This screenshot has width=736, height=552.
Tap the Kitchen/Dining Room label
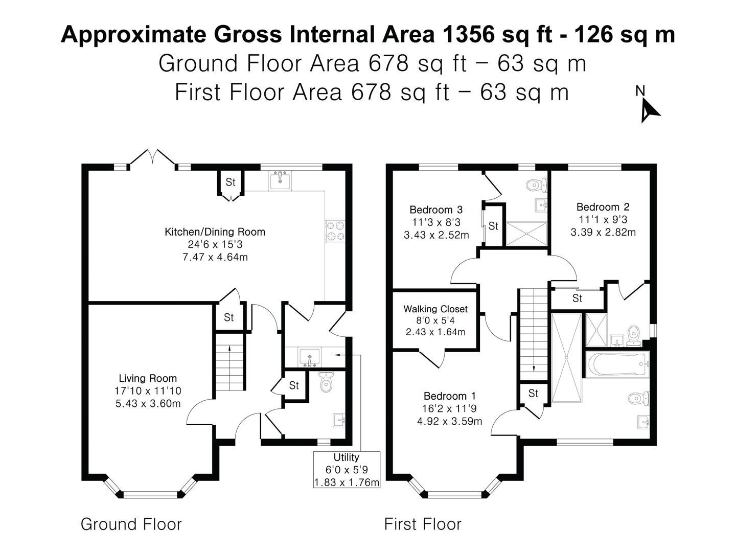click(215, 232)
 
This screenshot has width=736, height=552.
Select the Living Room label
click(148, 379)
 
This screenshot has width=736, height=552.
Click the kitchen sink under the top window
click(280, 181)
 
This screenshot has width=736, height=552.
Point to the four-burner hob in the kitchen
click(335, 231)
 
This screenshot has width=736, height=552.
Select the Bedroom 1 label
click(449, 396)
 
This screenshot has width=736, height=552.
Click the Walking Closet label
click(435, 309)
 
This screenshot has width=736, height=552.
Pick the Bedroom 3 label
click(436, 210)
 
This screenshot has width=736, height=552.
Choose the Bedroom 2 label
click(603, 207)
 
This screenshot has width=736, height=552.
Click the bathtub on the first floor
click(617, 364)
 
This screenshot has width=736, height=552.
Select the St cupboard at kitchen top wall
click(231, 182)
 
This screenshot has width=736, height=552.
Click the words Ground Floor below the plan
click(131, 524)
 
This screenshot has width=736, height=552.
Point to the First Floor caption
click(423, 524)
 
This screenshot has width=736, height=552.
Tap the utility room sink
click(309, 357)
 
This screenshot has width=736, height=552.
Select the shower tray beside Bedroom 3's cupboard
click(526, 234)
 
